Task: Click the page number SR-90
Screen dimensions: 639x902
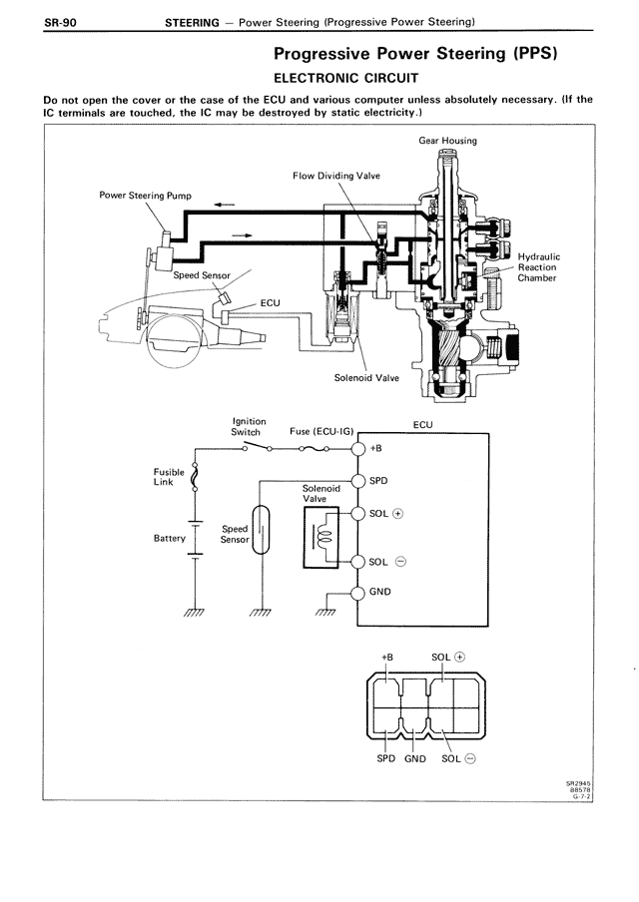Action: pos(60,23)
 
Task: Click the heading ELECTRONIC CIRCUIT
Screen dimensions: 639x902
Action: pos(345,78)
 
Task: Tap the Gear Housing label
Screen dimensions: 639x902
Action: pos(447,141)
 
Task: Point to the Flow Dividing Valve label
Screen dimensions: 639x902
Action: pos(336,176)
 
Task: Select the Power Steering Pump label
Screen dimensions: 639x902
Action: pos(145,196)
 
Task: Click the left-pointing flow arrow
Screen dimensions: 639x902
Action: pos(224,205)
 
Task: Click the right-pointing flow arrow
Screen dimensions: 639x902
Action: pos(242,234)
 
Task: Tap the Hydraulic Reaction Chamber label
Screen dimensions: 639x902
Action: pos(538,267)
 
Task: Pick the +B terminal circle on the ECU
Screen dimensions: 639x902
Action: pos(358,449)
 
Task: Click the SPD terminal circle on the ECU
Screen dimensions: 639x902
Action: pos(358,481)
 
